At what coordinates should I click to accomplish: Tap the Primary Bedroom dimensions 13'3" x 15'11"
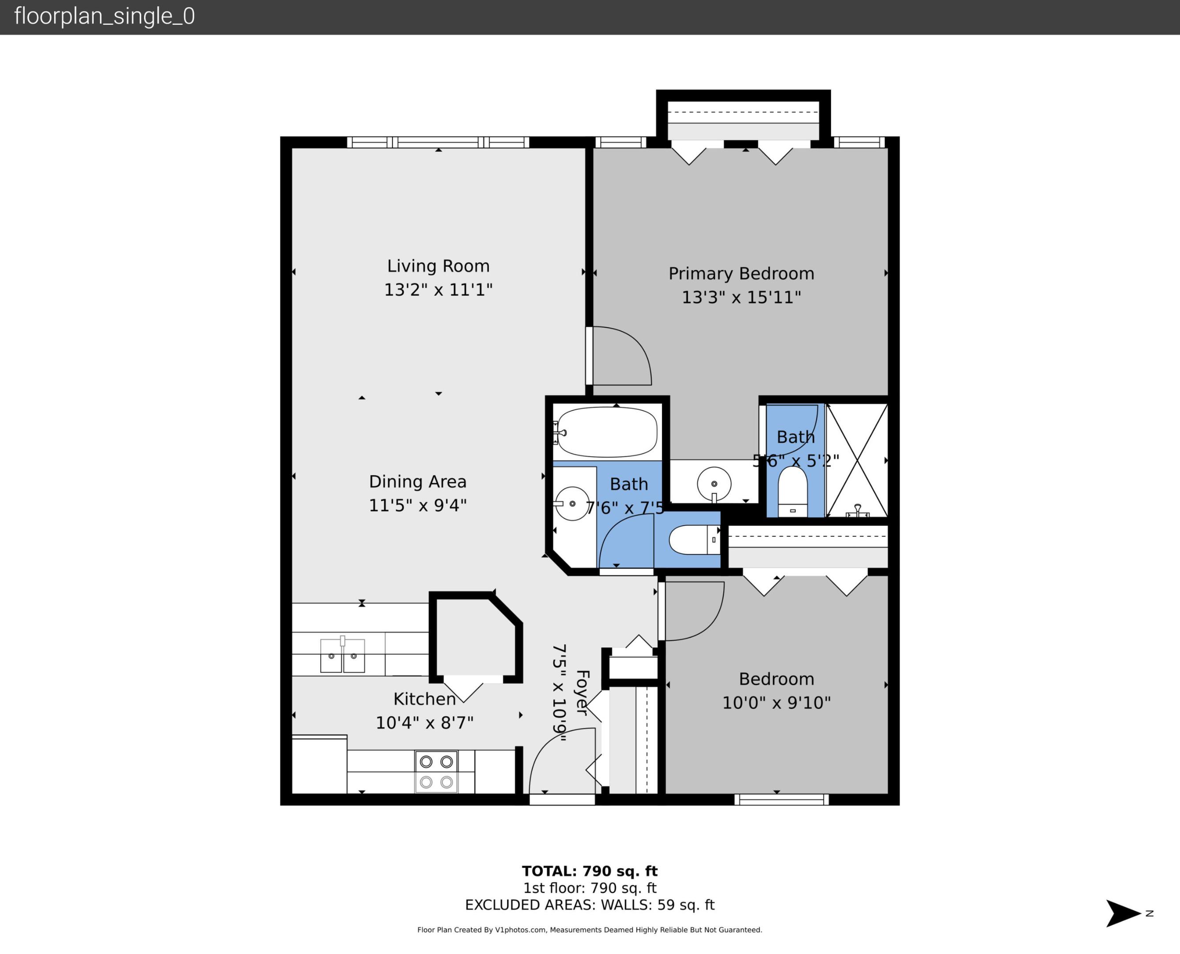[x=741, y=297]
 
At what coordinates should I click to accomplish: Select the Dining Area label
[x=417, y=481]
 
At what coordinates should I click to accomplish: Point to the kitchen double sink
[x=342, y=655]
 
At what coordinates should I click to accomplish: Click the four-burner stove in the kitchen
[x=436, y=772]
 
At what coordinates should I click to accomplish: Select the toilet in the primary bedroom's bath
[x=793, y=491]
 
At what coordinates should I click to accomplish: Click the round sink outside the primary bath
[x=714, y=484]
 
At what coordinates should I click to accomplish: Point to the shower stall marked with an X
[x=856, y=460]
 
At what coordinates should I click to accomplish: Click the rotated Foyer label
[x=582, y=693]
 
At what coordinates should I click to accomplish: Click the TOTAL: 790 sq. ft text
[x=590, y=871]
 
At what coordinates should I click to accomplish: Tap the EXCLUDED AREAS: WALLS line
[x=590, y=905]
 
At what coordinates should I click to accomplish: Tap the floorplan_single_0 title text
[x=104, y=16]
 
